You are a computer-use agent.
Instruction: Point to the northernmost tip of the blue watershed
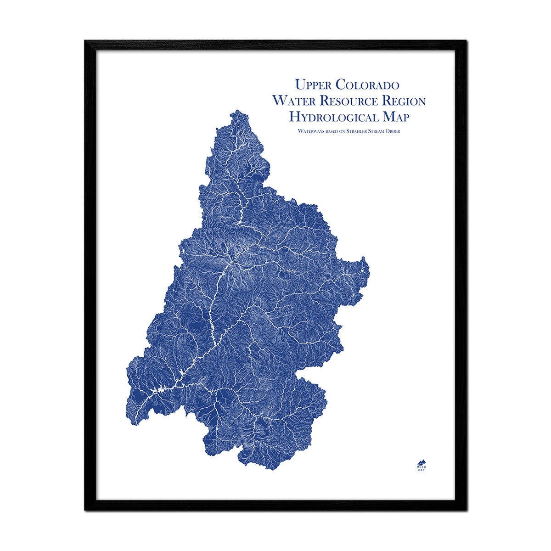(236, 111)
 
